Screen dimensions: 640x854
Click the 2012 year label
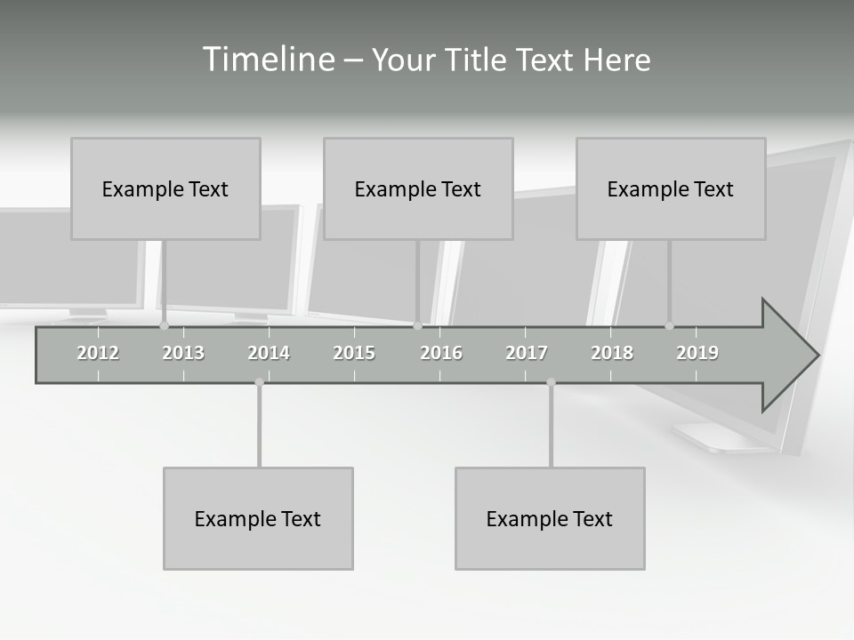coord(98,353)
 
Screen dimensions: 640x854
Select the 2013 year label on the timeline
coord(183,353)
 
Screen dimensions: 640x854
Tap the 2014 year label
coord(269,353)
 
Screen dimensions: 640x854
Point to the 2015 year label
coord(354,353)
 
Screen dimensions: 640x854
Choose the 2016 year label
coord(440,353)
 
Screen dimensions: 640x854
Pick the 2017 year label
coord(527,353)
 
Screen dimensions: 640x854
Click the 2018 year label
coord(612,353)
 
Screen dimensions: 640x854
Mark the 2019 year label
coord(697,353)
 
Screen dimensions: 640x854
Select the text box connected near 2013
coord(165,188)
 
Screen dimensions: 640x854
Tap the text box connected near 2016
coord(418,188)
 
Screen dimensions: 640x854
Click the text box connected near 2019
coord(671,188)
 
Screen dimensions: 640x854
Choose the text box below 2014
coord(258,518)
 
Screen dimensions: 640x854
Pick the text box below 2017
coord(550,518)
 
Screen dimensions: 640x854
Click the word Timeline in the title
coord(267,60)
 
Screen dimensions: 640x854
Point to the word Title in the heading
coord(478,60)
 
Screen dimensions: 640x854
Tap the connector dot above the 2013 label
coord(164,326)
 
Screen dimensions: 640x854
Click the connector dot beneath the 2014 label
coord(259,382)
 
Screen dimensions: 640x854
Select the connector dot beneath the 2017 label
coord(551,382)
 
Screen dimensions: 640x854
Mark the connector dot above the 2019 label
coord(669,326)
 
